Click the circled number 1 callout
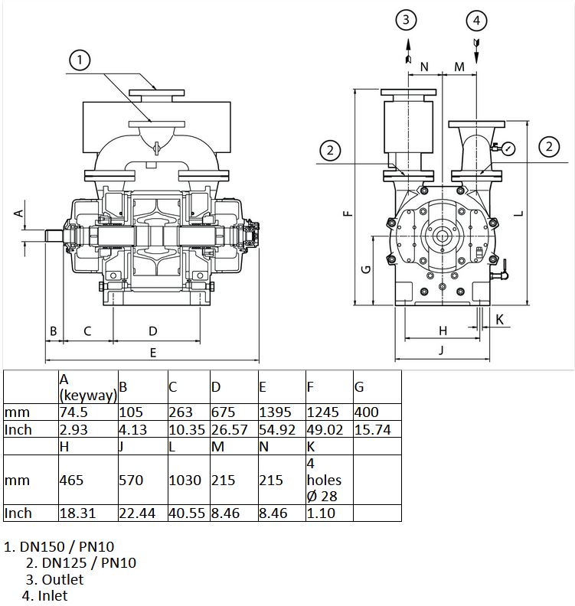click(x=80, y=60)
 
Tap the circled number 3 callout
click(x=406, y=19)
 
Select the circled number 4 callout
click(x=476, y=20)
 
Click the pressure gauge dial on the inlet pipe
click(x=508, y=149)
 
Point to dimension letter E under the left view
click(x=153, y=353)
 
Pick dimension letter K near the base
click(x=500, y=320)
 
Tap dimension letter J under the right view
click(x=441, y=350)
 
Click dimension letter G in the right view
click(x=365, y=269)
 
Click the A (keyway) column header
click(x=88, y=387)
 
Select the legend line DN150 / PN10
click(x=59, y=546)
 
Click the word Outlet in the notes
click(x=62, y=579)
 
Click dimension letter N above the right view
click(x=424, y=67)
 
